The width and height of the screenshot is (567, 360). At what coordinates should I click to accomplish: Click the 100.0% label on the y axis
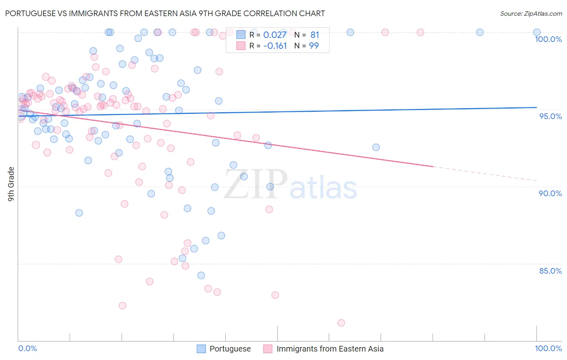coord(548,39)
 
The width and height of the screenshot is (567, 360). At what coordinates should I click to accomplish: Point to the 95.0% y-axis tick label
coord(550,116)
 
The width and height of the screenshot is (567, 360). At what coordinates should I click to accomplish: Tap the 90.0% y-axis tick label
coord(550,193)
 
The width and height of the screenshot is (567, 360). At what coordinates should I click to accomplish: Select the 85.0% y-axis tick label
coord(550,271)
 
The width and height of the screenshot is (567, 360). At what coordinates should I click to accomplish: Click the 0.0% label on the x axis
coord(27,348)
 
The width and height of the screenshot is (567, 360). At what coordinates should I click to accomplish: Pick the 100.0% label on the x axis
coord(548,348)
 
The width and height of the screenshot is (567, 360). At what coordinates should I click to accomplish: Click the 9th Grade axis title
coord(11,184)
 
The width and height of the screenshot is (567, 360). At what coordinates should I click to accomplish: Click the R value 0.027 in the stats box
coord(275,35)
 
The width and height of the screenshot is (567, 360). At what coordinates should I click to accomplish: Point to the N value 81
coord(315,35)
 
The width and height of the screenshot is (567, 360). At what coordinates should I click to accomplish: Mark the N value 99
coord(314,46)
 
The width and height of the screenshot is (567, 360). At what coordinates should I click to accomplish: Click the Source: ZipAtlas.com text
coord(531,14)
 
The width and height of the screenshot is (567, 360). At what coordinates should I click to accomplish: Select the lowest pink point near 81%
coord(341,323)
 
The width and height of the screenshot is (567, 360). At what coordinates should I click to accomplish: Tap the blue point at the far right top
coord(537,32)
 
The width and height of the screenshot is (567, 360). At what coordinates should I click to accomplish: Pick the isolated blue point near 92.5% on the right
coord(376,147)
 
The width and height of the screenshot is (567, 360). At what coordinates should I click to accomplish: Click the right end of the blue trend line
coord(536,107)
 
